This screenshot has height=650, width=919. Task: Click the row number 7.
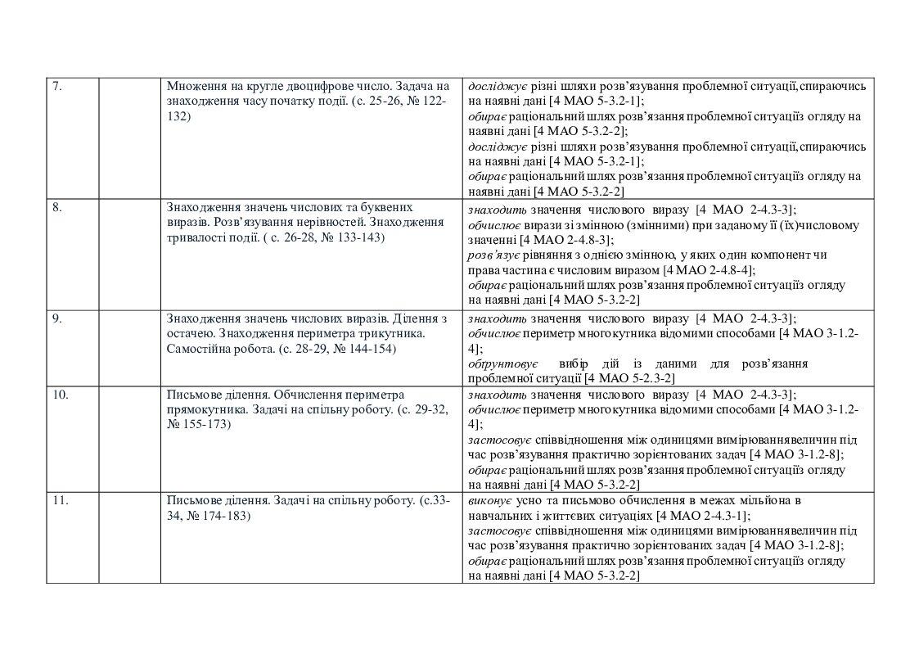[x=56, y=86]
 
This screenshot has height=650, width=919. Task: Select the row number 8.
[x=56, y=207]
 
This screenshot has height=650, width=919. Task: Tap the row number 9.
[x=56, y=318]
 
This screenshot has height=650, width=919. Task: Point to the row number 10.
[x=60, y=395]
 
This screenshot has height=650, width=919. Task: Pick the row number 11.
[x=60, y=500]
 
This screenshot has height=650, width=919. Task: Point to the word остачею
[x=191, y=334]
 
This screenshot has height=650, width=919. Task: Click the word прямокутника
[x=201, y=410]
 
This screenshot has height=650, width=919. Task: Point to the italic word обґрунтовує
[x=502, y=363]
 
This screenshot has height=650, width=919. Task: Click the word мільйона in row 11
[x=765, y=500]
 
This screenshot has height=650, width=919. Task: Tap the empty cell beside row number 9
[x=129, y=348]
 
